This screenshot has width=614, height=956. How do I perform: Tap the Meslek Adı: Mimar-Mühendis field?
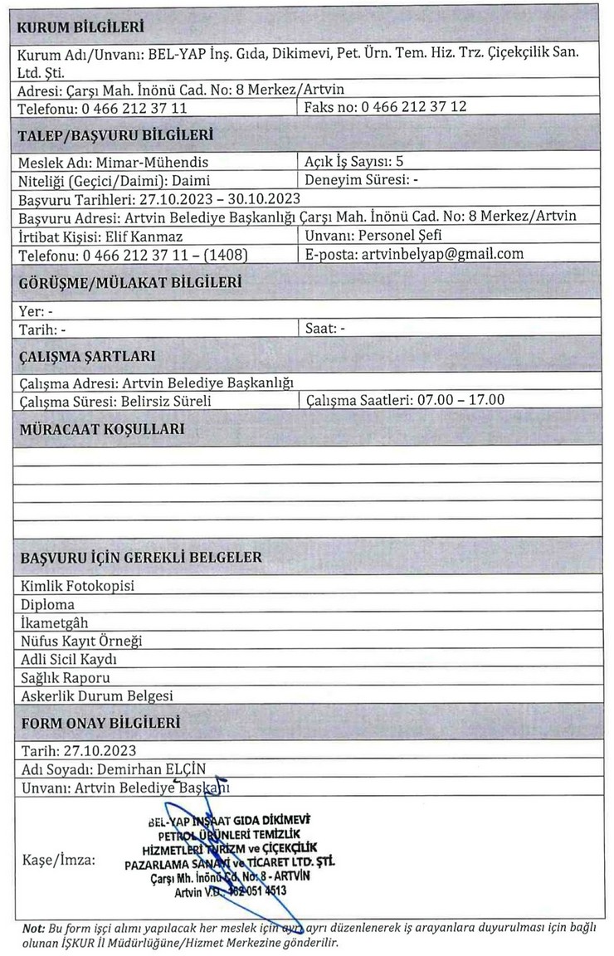(x=113, y=163)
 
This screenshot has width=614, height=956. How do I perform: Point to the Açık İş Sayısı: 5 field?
(x=355, y=162)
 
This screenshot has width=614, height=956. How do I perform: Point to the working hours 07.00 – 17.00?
(x=460, y=400)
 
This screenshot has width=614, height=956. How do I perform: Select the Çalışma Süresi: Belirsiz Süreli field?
(x=115, y=401)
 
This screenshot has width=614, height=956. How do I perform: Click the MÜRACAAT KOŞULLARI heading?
(x=101, y=429)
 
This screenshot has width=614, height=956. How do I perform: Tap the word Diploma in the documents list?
(x=48, y=604)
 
